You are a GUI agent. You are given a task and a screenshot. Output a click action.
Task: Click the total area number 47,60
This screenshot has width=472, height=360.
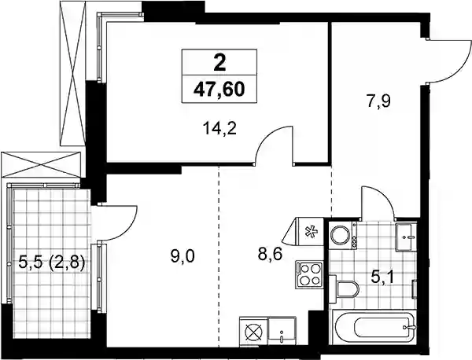pos(219,90)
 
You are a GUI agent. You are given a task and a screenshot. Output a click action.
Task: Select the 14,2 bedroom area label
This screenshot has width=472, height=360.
pos(219,130)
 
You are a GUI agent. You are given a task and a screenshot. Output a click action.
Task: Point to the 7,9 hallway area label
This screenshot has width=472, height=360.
pos(378,101)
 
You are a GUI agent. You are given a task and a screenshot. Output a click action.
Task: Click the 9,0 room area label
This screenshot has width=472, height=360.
pos(183,257)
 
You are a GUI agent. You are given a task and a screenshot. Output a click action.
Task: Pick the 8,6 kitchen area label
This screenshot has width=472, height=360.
pos(270,255)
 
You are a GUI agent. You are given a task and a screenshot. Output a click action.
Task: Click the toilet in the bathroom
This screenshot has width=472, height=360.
pos(344,289)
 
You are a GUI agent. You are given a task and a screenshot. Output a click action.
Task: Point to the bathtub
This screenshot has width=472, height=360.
pos(374,327)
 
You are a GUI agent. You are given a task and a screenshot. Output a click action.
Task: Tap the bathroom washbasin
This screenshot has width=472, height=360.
pos(406,237)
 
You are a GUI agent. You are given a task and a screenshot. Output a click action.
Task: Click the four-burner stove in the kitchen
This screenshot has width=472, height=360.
pos(309,274)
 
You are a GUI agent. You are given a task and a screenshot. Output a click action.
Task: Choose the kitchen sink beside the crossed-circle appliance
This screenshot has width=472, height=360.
pos(282,330)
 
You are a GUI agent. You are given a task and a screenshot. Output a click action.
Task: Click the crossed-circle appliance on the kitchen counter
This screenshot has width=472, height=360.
pos(253,332)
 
